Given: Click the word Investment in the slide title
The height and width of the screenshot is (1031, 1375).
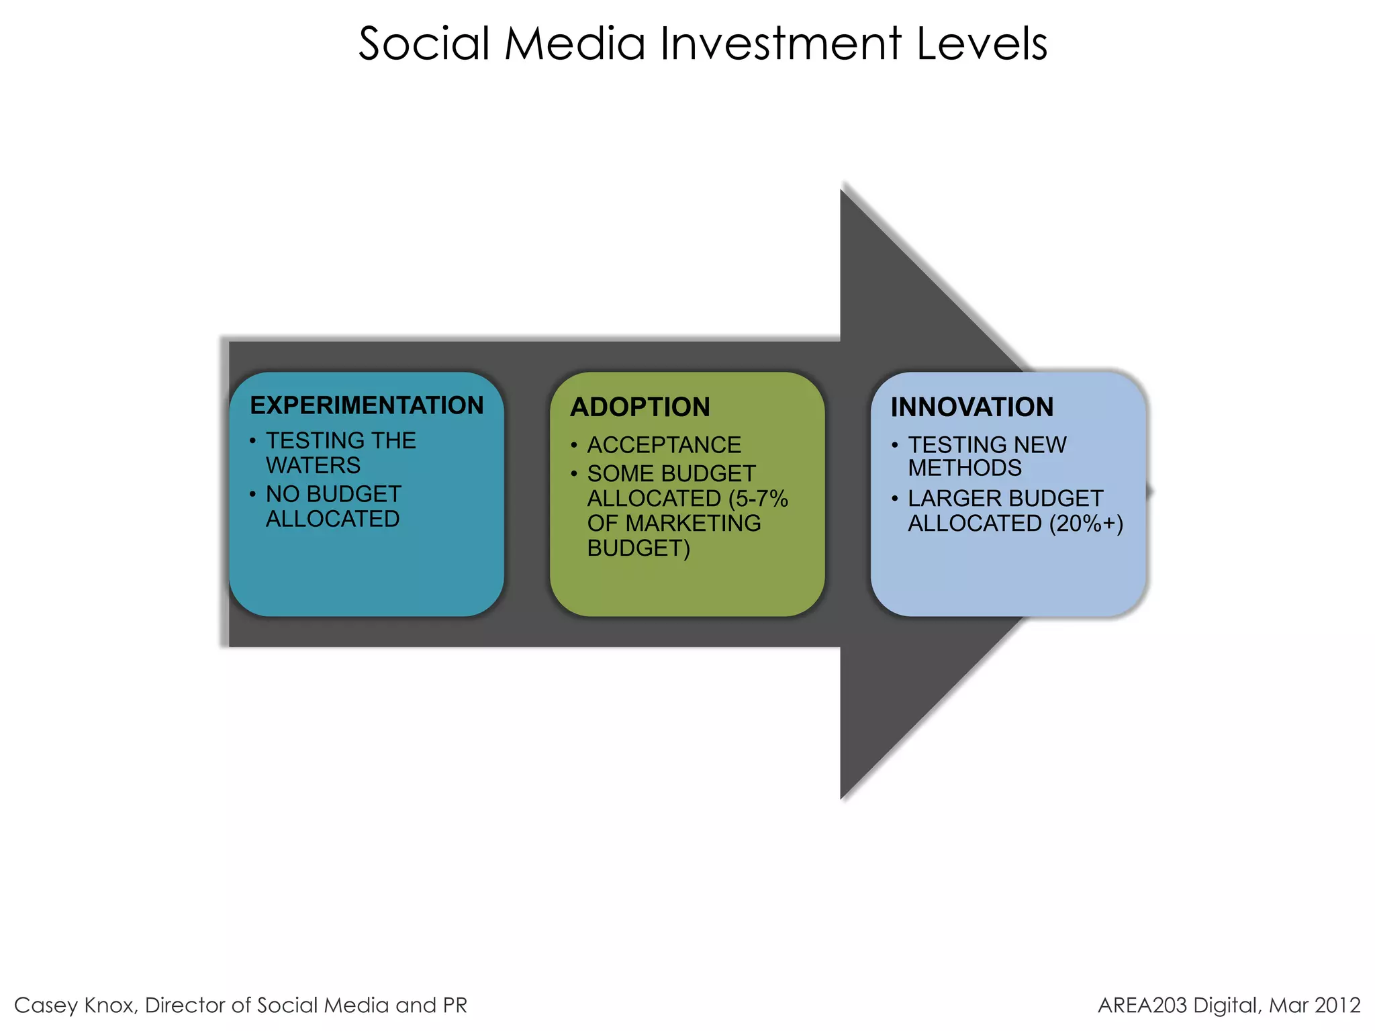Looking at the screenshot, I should (780, 44).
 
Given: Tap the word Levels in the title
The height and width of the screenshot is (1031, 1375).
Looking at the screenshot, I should (981, 44).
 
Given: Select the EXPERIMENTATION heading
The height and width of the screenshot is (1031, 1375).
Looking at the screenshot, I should (367, 405).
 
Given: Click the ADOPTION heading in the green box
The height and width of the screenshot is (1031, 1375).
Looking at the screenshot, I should (640, 407).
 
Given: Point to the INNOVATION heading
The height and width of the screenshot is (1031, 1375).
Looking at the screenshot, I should (971, 407).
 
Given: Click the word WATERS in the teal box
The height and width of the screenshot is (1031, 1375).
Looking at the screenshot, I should (313, 465).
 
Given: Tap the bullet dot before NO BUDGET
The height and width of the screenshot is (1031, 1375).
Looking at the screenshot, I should (252, 495).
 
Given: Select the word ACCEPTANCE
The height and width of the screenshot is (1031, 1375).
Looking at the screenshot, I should (664, 445).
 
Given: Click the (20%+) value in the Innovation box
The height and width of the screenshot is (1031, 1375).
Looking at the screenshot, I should (1086, 524).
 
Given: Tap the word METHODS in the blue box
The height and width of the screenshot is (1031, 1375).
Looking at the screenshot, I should (965, 469).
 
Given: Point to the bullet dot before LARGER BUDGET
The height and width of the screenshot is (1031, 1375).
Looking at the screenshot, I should (895, 499).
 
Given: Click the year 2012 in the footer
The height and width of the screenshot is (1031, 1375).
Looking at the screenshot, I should (1337, 1005).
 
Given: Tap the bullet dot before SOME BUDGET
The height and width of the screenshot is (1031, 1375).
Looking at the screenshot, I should (574, 474).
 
